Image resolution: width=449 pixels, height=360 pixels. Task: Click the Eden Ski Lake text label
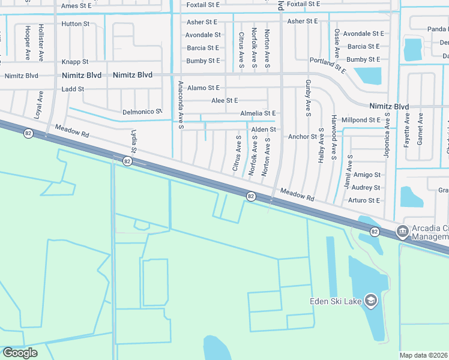335,301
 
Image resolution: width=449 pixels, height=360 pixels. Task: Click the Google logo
20,353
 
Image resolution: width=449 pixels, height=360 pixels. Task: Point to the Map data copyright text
424,355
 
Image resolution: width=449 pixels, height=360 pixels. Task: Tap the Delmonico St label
142,112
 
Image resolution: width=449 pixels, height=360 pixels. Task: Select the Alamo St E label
203,88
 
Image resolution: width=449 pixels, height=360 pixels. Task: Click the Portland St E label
328,65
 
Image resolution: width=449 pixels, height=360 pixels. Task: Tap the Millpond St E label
361,120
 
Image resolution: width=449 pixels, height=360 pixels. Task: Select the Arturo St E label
364,200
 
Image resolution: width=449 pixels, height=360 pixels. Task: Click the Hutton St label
75,24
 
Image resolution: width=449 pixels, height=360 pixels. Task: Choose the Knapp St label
75,62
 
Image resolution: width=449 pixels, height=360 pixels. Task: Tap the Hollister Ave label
41,42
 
